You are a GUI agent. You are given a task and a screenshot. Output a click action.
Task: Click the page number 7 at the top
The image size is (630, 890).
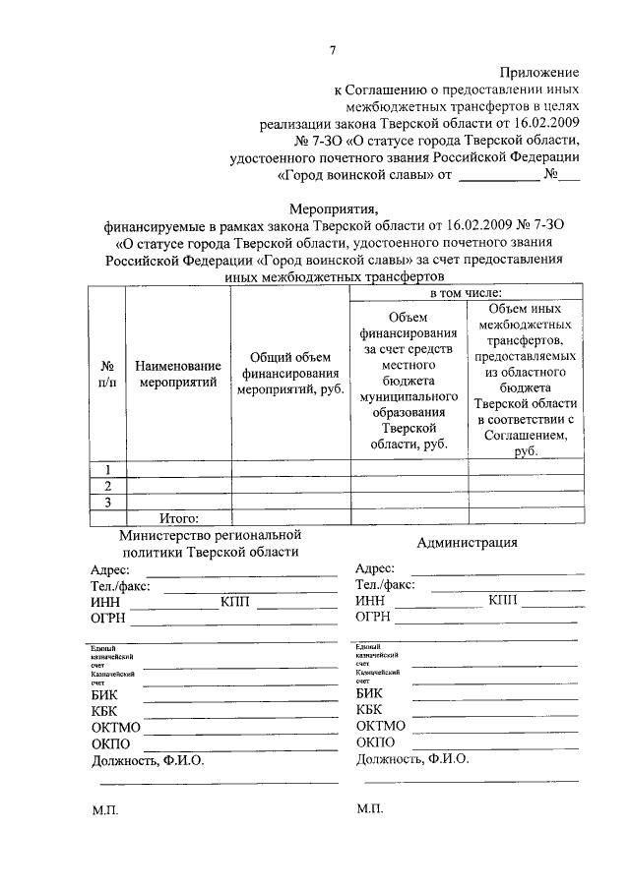pyautogui.click(x=334, y=50)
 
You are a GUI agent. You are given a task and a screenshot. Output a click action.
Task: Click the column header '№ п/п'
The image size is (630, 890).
pyautogui.click(x=108, y=374)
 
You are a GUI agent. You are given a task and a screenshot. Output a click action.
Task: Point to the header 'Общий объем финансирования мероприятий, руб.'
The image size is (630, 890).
pyautogui.click(x=289, y=374)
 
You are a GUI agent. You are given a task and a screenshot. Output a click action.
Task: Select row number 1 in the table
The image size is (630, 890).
pyautogui.click(x=108, y=468)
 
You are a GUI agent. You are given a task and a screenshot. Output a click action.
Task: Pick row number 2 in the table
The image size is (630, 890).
pyautogui.click(x=108, y=486)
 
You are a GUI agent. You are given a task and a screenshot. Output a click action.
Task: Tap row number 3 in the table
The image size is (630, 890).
pyautogui.click(x=108, y=503)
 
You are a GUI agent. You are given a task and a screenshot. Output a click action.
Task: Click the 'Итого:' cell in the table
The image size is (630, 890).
pyautogui.click(x=179, y=518)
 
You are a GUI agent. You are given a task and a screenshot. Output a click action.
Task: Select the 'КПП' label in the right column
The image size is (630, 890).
pyautogui.click(x=507, y=601)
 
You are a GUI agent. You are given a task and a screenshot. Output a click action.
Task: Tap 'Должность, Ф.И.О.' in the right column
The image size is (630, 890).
pyautogui.click(x=412, y=759)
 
